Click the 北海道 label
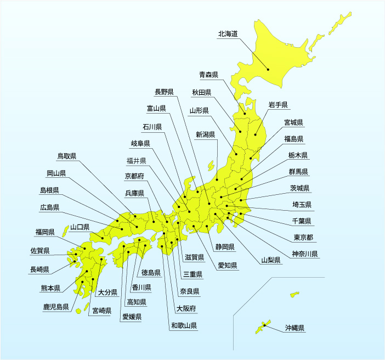point(228,33)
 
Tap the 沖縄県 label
point(295,329)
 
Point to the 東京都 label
point(303,238)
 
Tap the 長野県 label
point(165,92)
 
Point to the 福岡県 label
point(44,232)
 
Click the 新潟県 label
point(205,134)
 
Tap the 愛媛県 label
point(132,317)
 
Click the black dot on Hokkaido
point(268,69)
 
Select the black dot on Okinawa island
point(264,325)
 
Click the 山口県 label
point(80,227)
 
